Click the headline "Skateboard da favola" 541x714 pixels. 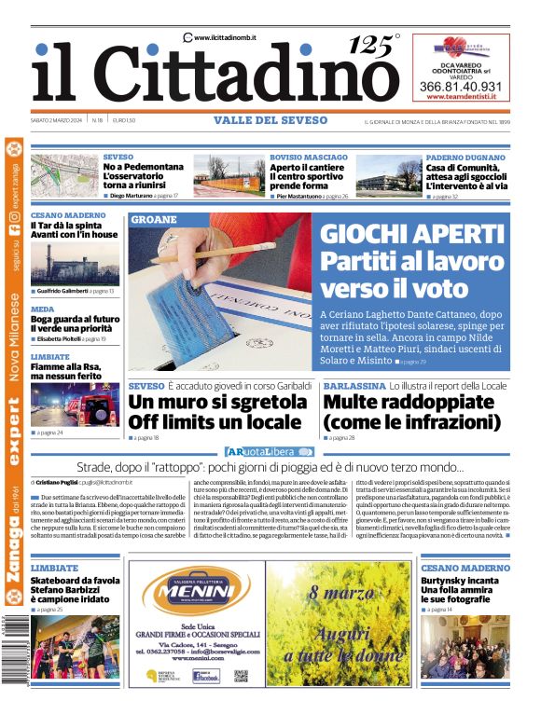[72, 580]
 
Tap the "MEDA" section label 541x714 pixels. [42, 309]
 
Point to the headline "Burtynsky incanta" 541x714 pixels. [465, 580]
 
